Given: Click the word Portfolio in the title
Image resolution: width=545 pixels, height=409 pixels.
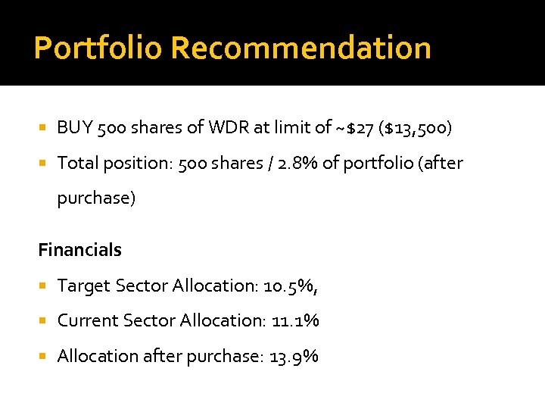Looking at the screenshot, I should tap(98, 48).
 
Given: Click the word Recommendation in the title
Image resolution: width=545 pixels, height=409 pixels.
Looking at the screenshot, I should tap(301, 48).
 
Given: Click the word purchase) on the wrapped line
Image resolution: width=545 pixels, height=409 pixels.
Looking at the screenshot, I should tap(96, 198).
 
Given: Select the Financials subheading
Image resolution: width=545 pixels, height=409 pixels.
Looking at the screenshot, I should tap(79, 250).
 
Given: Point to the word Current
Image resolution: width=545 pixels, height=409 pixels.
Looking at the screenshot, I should tap(86, 320).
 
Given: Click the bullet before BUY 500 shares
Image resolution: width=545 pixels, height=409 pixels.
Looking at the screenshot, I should tap(43, 128).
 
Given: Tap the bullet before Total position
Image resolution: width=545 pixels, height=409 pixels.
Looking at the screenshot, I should tap(43, 163).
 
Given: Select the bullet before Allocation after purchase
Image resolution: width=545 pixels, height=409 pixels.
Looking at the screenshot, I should tap(43, 356).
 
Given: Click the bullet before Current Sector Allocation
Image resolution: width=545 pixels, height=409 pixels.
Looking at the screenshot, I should tap(43, 320).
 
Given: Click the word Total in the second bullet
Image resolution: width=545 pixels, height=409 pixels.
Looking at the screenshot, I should tap(76, 163).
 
